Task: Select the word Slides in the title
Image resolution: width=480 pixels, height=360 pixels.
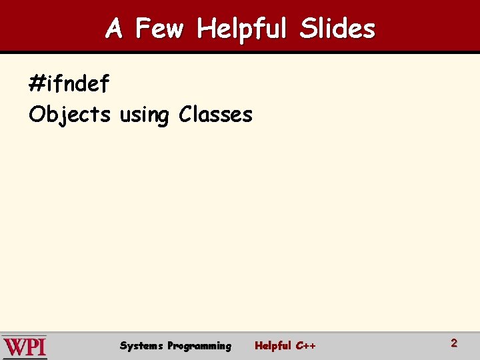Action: [x=337, y=29]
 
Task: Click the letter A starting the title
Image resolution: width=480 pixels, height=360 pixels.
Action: [x=114, y=29]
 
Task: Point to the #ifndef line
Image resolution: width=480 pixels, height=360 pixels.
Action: [x=69, y=84]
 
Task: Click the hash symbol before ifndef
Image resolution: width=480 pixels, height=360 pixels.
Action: [x=37, y=85]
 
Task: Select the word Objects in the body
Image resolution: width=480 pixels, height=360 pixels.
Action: [x=69, y=115]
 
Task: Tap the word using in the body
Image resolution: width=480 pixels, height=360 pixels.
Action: [x=144, y=115]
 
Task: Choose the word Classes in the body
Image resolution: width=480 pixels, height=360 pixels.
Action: [x=215, y=115]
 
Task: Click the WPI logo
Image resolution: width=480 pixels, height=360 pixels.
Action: [x=25, y=347]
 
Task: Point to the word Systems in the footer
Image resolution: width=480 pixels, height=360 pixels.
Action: [x=141, y=345]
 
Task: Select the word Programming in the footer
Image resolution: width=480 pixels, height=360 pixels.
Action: [x=199, y=346]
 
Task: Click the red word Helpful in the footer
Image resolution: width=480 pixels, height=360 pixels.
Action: [x=273, y=345]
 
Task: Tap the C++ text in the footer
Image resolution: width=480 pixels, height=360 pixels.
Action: [x=305, y=345]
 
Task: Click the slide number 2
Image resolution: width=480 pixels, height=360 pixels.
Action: [x=454, y=343]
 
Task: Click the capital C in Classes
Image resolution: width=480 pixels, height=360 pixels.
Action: [x=185, y=115]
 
